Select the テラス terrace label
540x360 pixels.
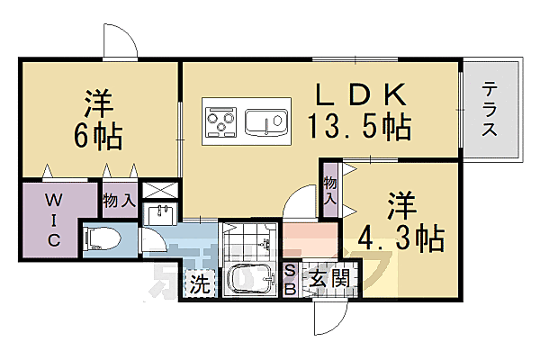(490, 109)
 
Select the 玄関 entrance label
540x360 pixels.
(331, 281)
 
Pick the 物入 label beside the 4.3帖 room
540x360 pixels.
(330, 193)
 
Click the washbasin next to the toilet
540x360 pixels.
(162, 216)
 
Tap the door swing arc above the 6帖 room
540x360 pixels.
(120, 41)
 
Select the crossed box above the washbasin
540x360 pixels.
(162, 191)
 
